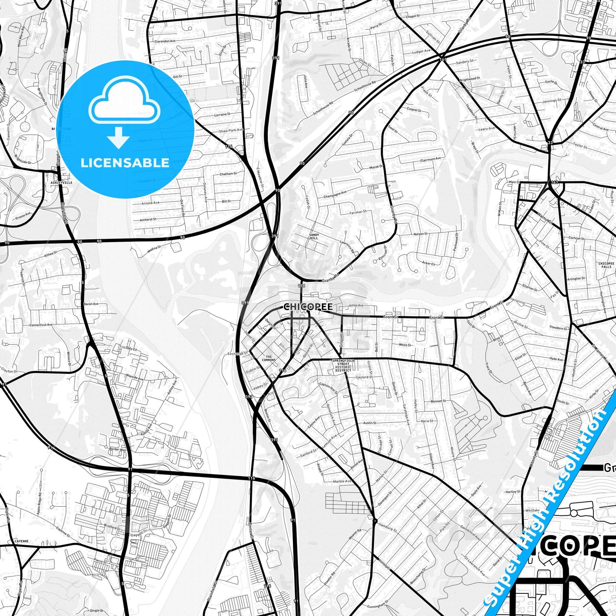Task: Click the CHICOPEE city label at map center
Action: [308, 307]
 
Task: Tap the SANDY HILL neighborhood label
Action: [314, 237]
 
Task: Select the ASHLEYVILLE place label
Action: [61, 182]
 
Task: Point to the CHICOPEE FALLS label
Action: [606, 265]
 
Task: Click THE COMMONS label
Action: [269, 359]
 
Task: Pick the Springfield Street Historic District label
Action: [343, 365]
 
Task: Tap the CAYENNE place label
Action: [21, 541]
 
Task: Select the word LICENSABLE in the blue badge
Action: [125, 162]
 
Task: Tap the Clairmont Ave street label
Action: [431, 159]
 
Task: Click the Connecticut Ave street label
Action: [41, 325]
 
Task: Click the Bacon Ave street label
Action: [91, 304]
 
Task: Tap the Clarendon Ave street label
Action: [165, 41]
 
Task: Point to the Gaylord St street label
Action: [364, 377]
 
